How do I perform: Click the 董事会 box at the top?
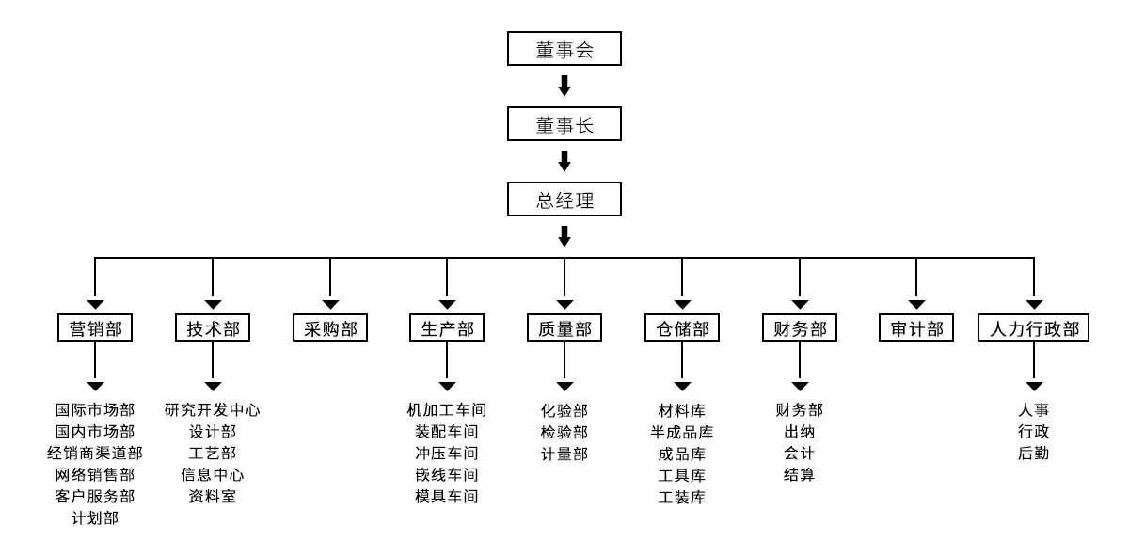coord(564,49)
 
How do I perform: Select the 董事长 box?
coord(564,124)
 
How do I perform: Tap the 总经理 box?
coord(564,199)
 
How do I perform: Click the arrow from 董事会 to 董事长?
coord(564,87)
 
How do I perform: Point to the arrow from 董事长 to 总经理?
coord(564,161)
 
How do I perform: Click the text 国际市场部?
coord(95,410)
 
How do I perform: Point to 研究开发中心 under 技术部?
coord(213,410)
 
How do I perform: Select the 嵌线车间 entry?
coord(447,475)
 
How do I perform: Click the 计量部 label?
coord(564,454)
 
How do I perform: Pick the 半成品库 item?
coord(682,433)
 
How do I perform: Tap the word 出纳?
coord(799,432)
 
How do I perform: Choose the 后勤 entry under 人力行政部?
coord(1034,454)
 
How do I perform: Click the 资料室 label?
coord(213,496)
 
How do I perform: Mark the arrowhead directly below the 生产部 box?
coord(447,386)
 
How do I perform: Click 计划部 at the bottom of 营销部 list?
coord(95,518)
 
